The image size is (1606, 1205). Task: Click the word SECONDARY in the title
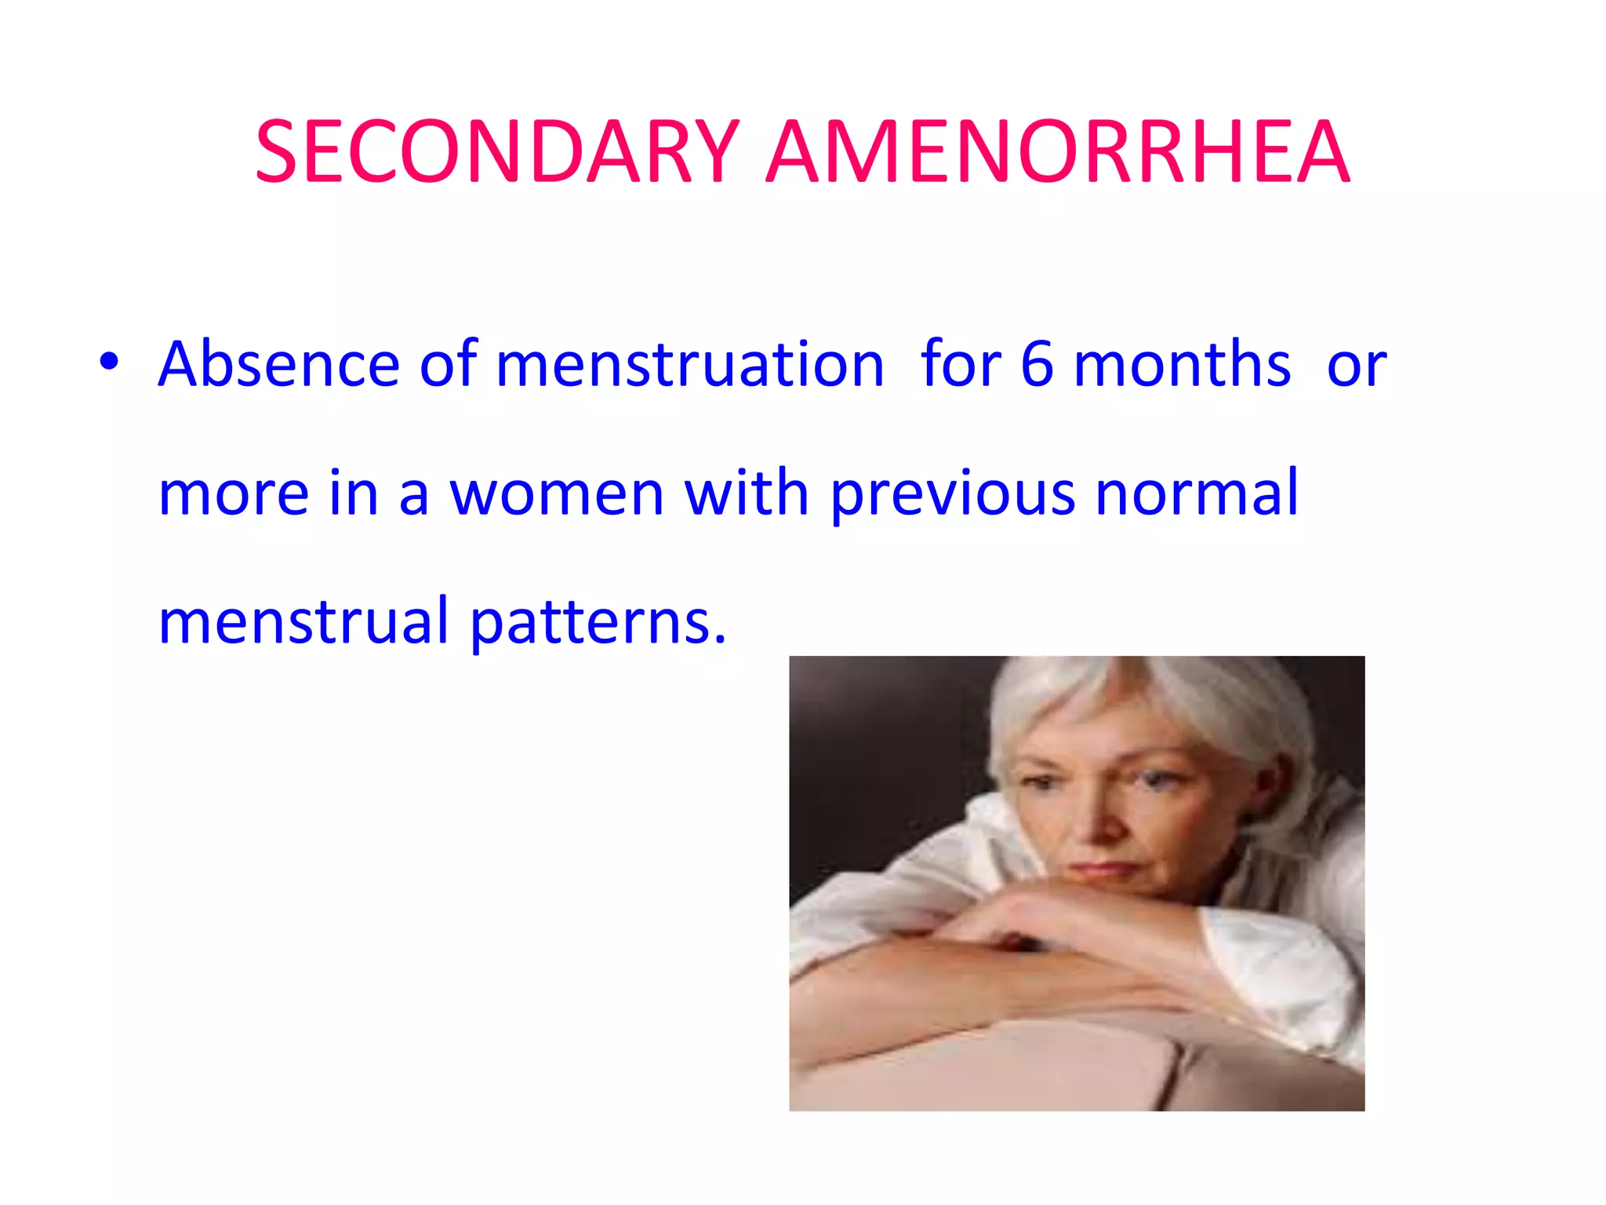pyautogui.click(x=497, y=152)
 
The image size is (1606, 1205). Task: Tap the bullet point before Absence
pyautogui.click(x=109, y=362)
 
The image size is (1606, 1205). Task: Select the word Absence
pyautogui.click(x=279, y=364)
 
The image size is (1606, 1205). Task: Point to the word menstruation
pyautogui.click(x=690, y=364)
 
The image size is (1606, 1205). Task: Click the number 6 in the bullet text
pyautogui.click(x=1037, y=364)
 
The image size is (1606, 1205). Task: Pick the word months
pyautogui.click(x=1182, y=364)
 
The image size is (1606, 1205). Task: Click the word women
pyautogui.click(x=557, y=494)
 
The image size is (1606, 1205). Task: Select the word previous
pyautogui.click(x=952, y=494)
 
